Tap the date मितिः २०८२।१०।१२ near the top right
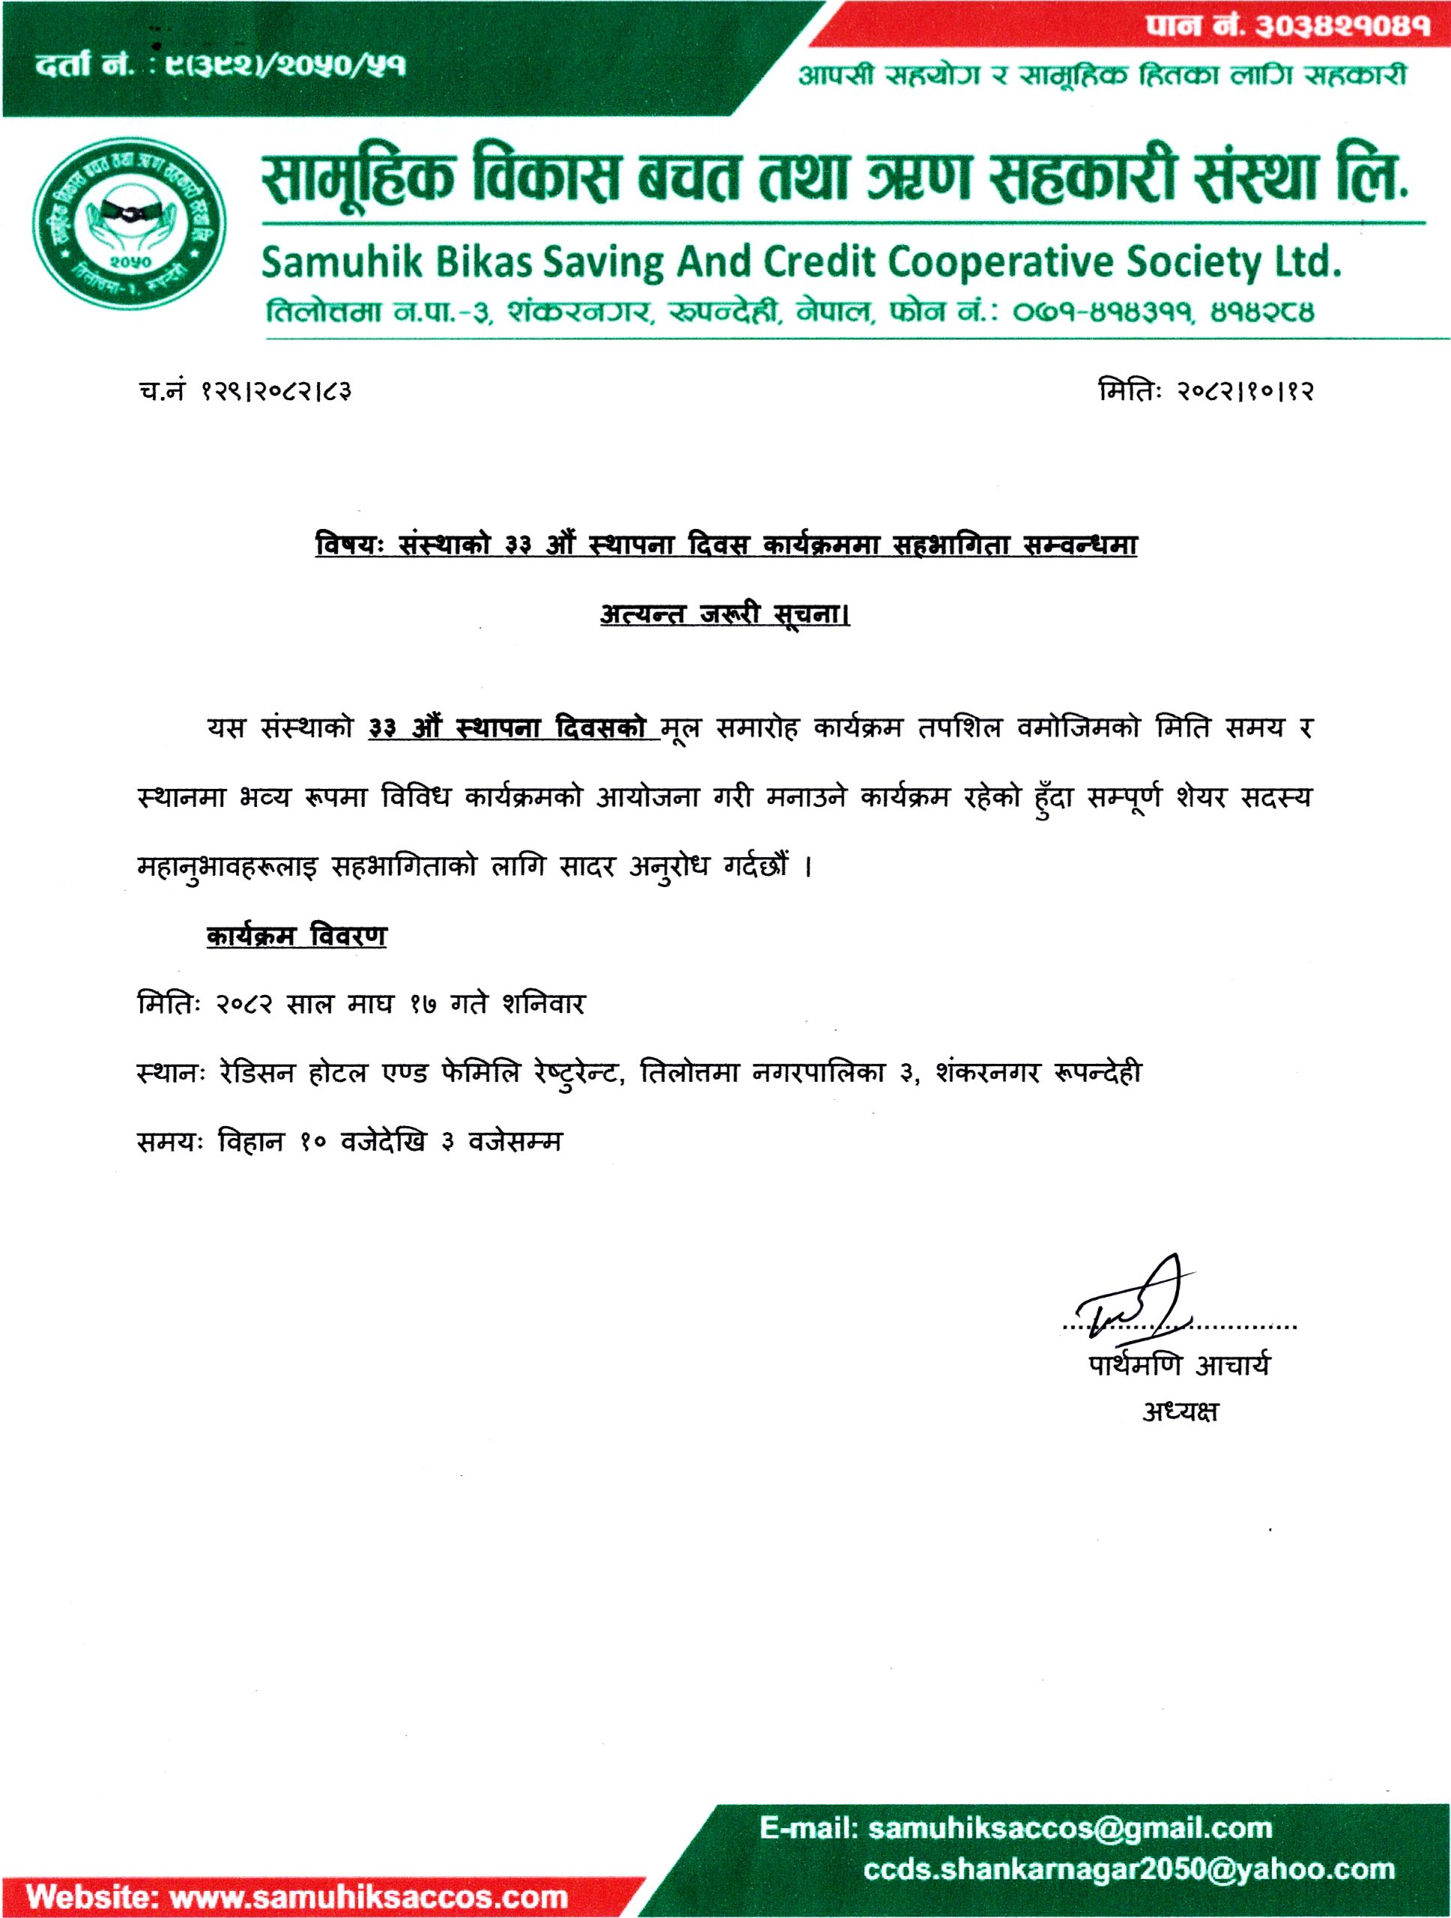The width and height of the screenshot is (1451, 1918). [1206, 392]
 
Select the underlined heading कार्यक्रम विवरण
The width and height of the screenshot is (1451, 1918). [297, 937]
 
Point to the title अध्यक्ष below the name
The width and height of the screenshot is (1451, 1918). [1180, 1412]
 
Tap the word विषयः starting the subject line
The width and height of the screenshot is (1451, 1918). [349, 545]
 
